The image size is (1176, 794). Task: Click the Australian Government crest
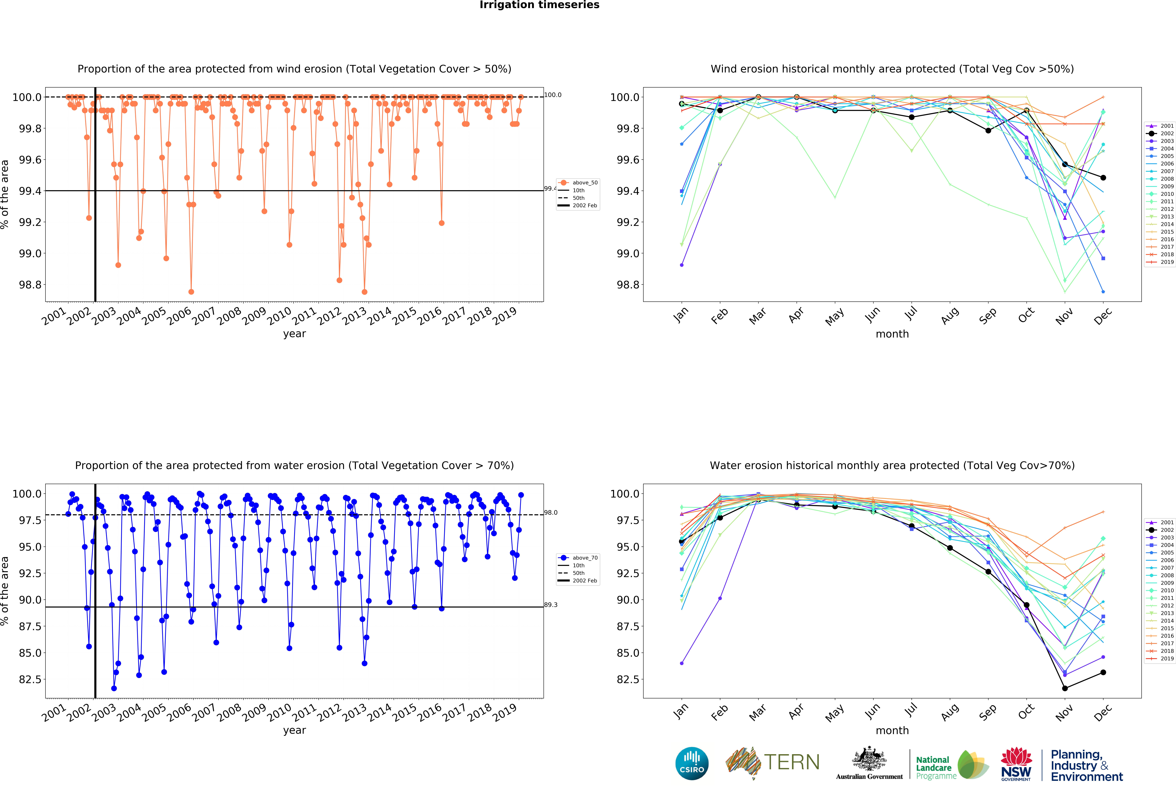tap(869, 759)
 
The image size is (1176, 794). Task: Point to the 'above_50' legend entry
tap(584, 183)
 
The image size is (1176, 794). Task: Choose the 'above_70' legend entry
tap(584, 558)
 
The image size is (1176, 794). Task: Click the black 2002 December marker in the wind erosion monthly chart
tap(1103, 178)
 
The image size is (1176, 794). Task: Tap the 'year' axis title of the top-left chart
tap(294, 334)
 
